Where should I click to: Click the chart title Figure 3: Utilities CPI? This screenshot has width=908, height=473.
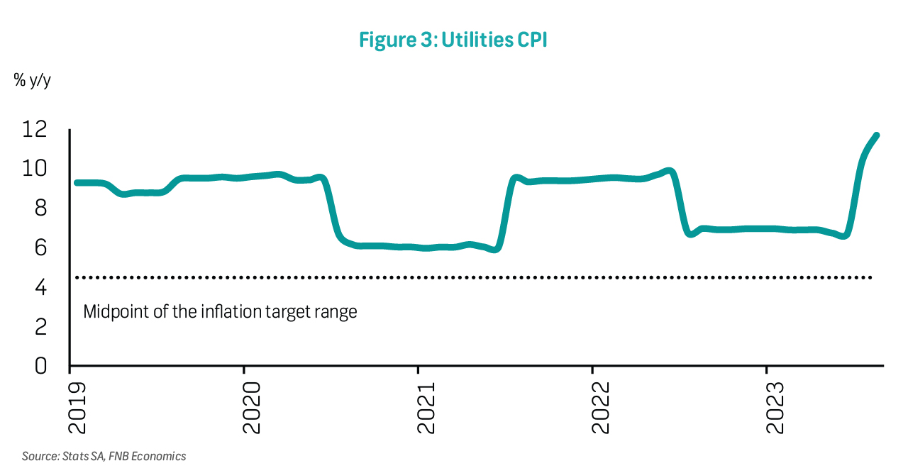[453, 40]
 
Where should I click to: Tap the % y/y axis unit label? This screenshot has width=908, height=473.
[32, 80]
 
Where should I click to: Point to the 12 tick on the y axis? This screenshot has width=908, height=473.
[34, 130]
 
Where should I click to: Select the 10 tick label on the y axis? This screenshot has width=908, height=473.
[34, 169]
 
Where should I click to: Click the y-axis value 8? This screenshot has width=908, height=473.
[40, 208]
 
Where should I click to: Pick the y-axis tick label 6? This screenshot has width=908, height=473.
[40, 247]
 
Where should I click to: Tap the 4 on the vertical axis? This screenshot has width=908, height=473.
[40, 287]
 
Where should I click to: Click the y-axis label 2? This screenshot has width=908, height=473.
[40, 327]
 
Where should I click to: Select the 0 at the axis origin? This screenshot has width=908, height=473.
[40, 366]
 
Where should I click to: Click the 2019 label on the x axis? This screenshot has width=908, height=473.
[76, 408]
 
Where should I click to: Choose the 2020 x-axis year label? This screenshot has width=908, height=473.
[250, 408]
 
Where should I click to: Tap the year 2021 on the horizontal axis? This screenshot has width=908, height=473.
[425, 408]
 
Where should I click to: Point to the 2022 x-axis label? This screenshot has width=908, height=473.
[599, 408]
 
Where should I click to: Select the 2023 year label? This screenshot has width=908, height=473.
[774, 408]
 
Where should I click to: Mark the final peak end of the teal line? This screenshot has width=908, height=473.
[876, 135]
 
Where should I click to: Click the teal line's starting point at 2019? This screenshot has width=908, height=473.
[77, 183]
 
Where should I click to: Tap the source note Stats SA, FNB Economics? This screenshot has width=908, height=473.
[104, 456]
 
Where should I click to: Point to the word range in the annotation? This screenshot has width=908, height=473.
[337, 312]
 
